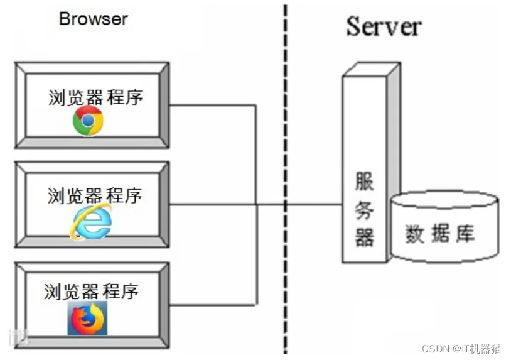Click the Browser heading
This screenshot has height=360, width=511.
[93, 19]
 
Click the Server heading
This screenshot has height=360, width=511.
[384, 26]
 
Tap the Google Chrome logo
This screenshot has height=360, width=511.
[88, 121]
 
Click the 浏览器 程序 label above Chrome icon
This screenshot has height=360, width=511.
[95, 97]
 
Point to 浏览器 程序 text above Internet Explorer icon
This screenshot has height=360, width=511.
[95, 195]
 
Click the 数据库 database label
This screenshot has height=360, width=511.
[439, 234]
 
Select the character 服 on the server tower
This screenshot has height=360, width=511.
[365, 182]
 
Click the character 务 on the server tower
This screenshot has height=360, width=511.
[365, 210]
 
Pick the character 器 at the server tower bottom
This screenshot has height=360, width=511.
[365, 237]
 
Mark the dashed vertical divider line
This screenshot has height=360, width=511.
[286, 126]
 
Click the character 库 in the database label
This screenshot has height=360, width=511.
[465, 234]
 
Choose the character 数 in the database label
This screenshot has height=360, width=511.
[414, 234]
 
